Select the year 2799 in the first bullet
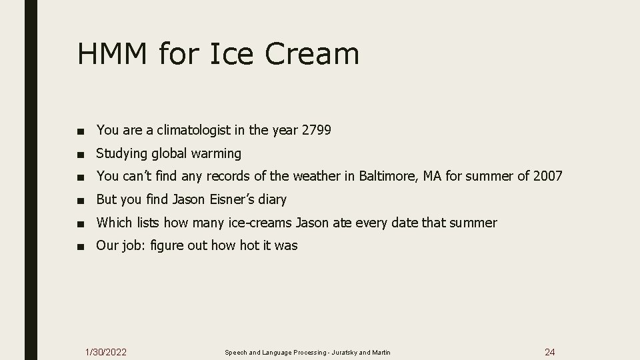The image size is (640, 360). (316, 131)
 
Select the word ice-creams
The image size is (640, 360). (261, 223)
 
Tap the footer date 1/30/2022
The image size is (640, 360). (107, 351)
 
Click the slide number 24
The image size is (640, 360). (550, 351)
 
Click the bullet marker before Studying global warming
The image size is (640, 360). (81, 154)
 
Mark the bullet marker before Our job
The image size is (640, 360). (81, 246)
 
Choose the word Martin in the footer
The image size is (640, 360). (381, 352)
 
